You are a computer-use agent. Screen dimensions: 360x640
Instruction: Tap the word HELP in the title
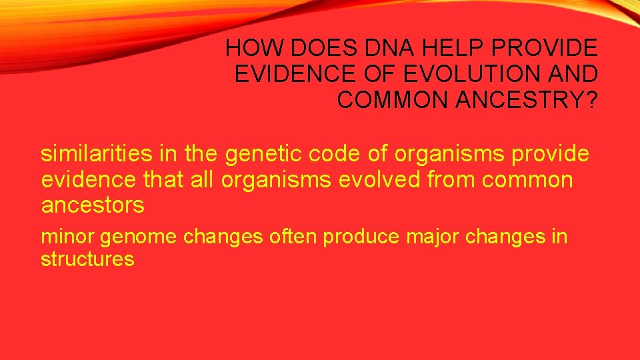435,48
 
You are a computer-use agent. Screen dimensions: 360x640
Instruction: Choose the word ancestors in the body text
93,205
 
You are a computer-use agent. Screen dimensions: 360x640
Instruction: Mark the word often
294,237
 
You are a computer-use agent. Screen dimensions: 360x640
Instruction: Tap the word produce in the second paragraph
361,237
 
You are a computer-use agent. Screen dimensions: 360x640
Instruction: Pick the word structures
87,259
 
